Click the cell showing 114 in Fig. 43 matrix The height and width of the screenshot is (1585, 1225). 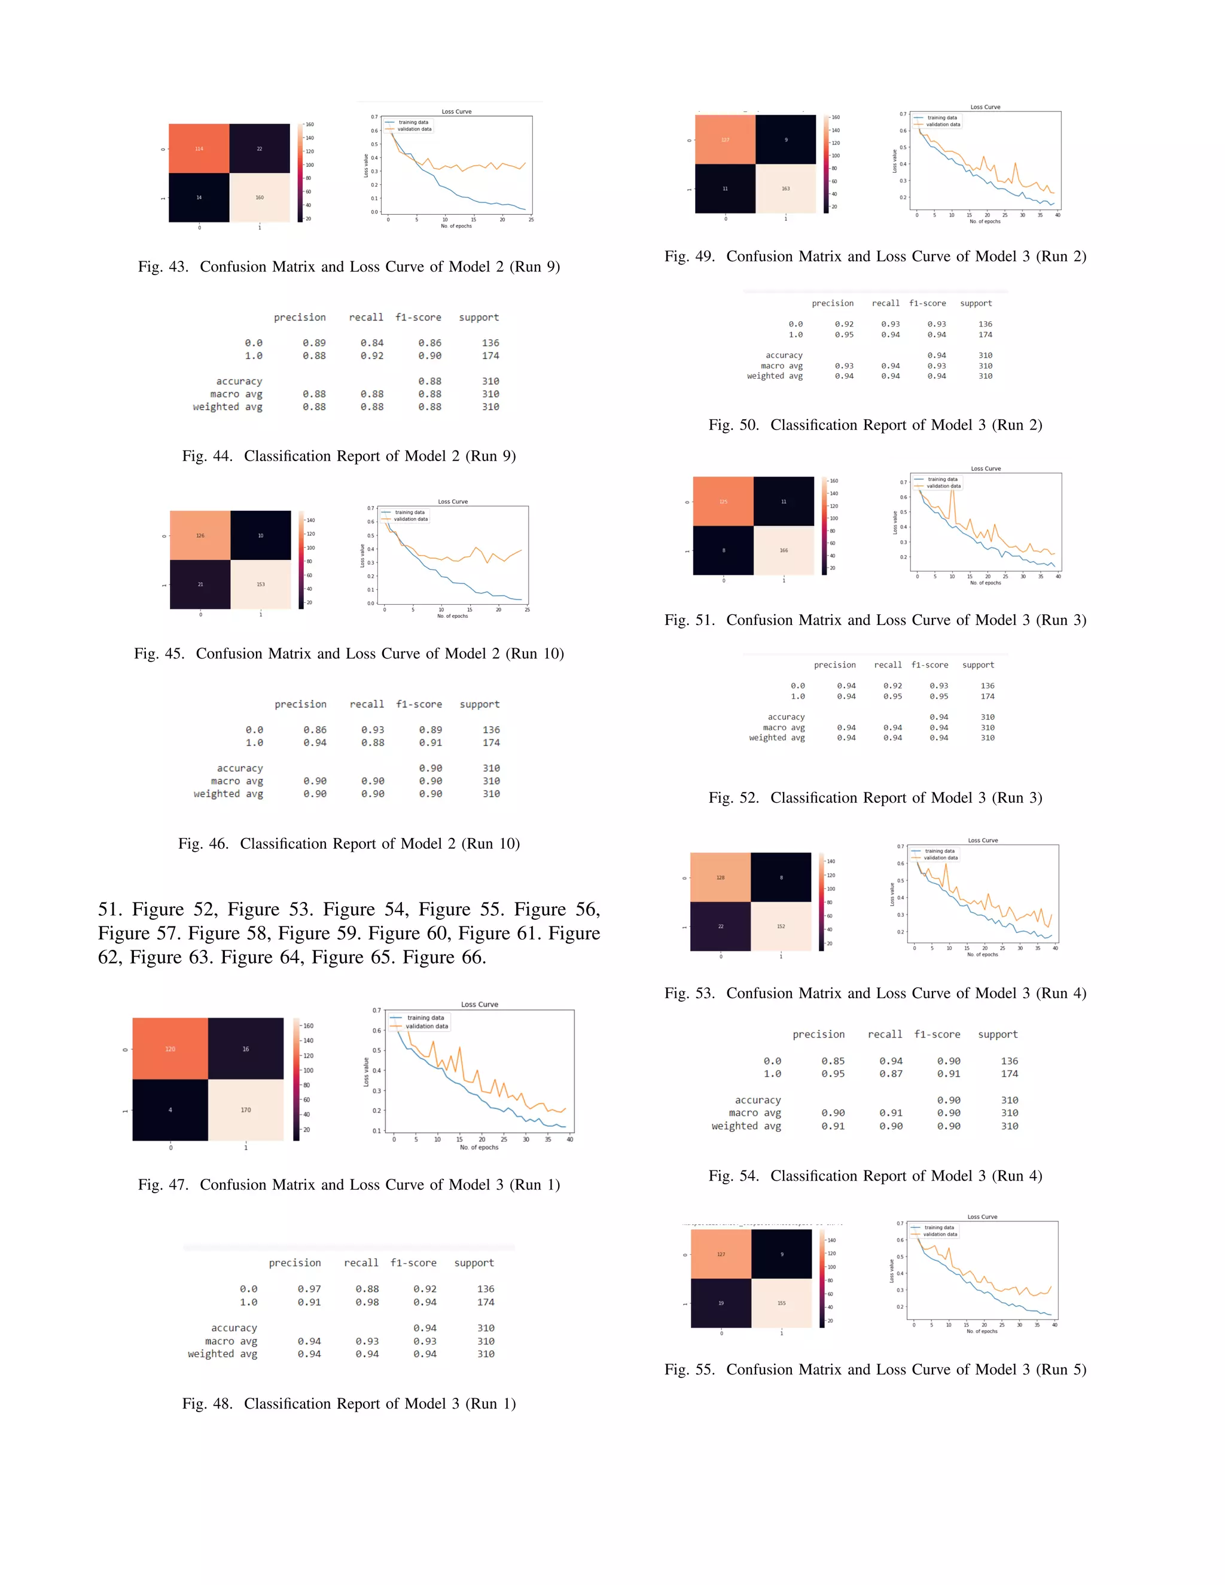point(199,149)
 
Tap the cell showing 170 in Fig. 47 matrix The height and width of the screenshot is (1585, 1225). point(245,1109)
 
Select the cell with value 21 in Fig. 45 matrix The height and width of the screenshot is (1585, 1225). point(200,584)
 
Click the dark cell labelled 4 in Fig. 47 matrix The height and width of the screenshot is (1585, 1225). point(170,1109)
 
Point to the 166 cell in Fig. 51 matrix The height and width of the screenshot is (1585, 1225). point(784,550)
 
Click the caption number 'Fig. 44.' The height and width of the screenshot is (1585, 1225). point(207,456)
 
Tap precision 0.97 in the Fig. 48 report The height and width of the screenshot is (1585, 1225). point(309,1289)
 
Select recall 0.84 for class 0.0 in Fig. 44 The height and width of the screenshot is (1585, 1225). point(371,343)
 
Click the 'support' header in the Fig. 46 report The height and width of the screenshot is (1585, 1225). point(479,704)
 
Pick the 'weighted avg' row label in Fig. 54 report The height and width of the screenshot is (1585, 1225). point(746,1126)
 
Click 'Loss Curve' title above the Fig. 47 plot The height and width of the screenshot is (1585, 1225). point(479,1004)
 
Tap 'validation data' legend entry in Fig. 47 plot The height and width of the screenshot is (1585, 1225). point(426,1026)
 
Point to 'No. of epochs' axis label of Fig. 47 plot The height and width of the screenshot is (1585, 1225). point(479,1147)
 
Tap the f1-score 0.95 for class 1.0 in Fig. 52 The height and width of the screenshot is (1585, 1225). point(938,696)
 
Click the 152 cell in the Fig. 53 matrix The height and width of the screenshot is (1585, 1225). point(781,926)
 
